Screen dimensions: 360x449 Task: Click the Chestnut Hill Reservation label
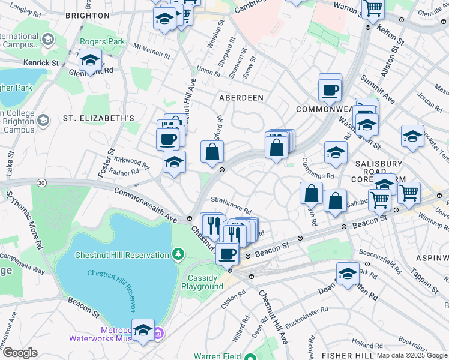coord(122,255)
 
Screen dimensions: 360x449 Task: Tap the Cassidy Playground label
coord(206,282)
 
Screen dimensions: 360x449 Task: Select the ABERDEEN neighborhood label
coord(242,97)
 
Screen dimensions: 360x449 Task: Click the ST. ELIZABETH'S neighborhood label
coord(98,119)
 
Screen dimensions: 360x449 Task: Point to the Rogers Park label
coord(103,42)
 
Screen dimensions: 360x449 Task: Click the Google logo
coord(19,353)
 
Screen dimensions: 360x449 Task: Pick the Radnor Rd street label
coord(124,173)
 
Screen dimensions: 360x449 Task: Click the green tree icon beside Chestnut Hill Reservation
coord(178,255)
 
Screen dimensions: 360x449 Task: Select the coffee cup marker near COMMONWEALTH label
coord(330,90)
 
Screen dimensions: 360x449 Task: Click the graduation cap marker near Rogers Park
coord(89,61)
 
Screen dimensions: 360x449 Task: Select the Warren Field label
coord(215,356)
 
